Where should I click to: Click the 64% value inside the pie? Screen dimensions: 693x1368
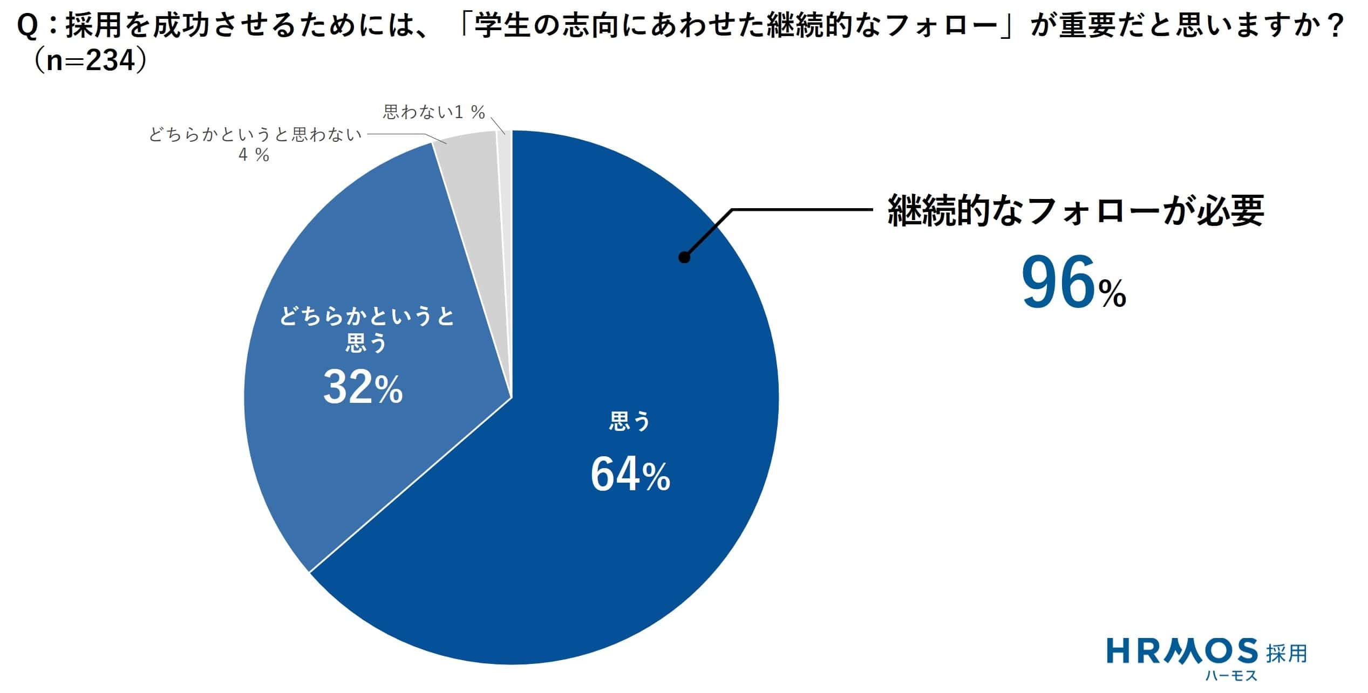coord(630,475)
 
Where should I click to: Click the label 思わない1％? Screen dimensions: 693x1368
coord(434,112)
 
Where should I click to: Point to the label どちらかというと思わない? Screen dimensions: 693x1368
coord(255,135)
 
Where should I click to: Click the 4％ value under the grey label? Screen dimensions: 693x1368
coord(254,155)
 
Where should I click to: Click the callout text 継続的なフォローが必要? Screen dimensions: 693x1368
coord(1076,210)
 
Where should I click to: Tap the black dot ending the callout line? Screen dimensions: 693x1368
coord(684,258)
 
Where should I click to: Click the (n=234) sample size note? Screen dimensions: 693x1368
coord(89,62)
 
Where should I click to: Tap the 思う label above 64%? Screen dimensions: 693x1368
coord(630,421)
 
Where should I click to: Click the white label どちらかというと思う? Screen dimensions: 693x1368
coord(367,329)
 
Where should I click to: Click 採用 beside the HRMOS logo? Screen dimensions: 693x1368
coord(1287,653)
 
